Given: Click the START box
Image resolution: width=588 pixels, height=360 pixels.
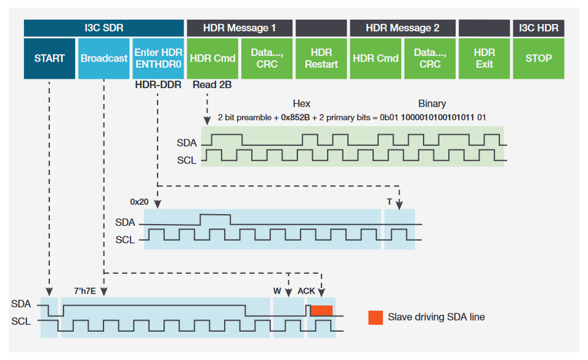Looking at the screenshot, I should (49, 58).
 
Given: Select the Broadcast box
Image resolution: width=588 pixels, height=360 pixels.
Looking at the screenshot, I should (104, 58).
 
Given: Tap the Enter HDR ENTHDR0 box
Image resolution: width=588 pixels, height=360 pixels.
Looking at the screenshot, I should (158, 58).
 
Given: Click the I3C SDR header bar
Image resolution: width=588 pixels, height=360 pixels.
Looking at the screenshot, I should (104, 28).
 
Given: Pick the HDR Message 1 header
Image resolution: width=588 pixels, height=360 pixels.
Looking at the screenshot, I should (240, 28).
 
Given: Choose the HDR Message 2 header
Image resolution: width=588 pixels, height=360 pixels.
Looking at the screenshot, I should (403, 28).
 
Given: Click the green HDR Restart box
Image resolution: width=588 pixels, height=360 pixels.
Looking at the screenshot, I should (321, 58).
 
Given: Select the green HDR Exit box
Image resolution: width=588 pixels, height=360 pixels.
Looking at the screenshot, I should (484, 58).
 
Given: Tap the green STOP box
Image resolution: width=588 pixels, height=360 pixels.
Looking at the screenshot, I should (539, 58).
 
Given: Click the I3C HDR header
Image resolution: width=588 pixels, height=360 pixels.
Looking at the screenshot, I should (539, 28).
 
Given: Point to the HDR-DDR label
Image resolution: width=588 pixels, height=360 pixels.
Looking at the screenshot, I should (158, 85).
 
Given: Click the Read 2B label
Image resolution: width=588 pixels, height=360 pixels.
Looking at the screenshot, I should (212, 85).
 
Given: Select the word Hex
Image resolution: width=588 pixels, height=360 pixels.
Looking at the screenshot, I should (301, 103).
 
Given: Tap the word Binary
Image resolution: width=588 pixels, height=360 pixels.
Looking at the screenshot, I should (432, 103).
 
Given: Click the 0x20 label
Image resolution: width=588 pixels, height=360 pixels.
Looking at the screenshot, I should (139, 201).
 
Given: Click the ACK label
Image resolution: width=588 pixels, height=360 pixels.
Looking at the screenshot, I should (307, 290).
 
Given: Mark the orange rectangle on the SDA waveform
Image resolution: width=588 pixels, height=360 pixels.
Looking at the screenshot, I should (321, 311).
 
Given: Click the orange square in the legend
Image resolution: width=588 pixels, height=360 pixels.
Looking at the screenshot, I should (375, 318).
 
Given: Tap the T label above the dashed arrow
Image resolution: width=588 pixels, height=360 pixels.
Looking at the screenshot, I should (389, 201).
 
